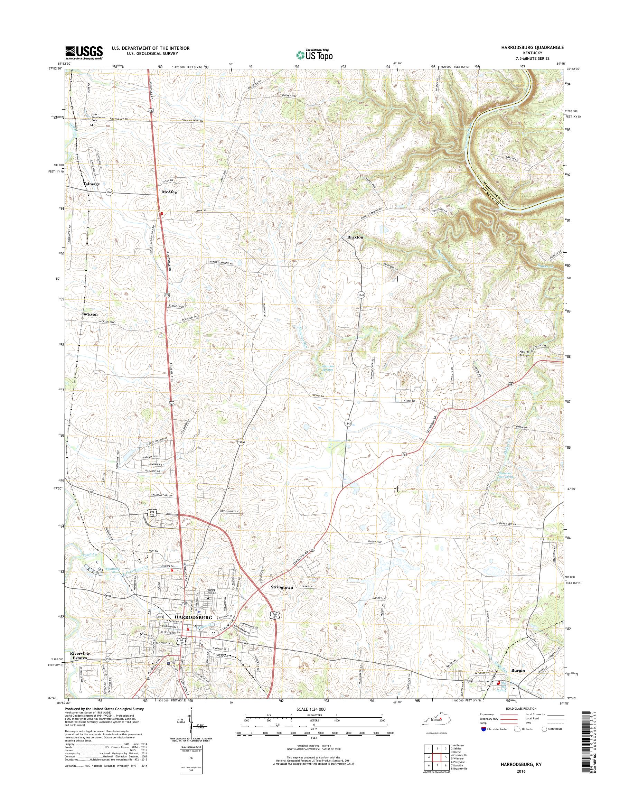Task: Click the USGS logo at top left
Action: [84, 53]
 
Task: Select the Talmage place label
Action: [91, 184]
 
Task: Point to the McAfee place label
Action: [170, 192]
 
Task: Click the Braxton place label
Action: [355, 237]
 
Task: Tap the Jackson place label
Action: [90, 314]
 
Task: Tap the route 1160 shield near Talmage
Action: [109, 192]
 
